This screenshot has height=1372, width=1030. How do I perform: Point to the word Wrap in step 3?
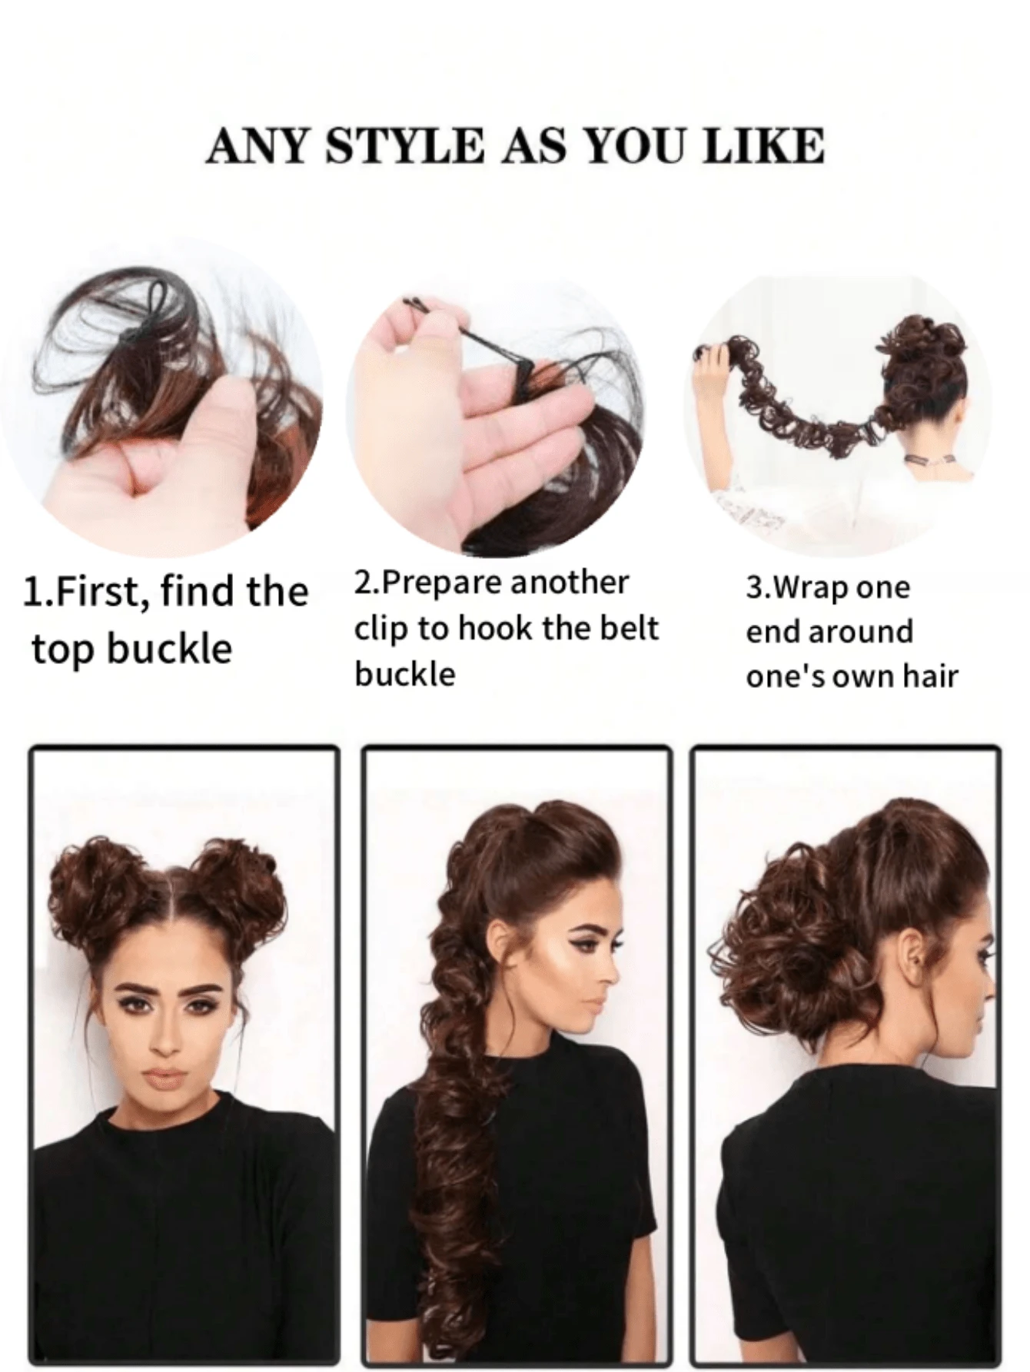[812, 588]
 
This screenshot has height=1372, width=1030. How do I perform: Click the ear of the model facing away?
[912, 958]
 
